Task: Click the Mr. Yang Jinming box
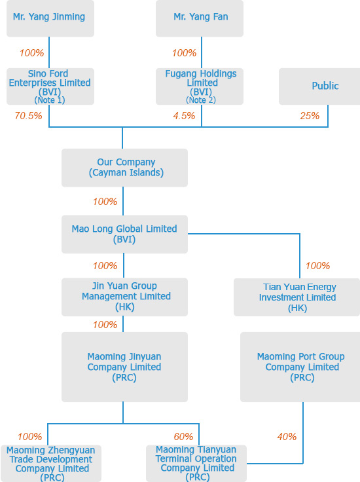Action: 50,18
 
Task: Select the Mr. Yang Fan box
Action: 200,18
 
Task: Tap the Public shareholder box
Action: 319,86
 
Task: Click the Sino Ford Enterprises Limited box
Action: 50,86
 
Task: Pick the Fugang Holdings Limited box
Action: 200,86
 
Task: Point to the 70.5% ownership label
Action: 28,116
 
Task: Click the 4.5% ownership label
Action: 184,116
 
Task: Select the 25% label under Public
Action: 310,116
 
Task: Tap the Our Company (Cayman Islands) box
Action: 125,168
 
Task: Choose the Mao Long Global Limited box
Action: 125,234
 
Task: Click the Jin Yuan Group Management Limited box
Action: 125,297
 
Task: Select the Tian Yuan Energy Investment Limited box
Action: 297,297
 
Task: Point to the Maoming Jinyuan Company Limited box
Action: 125,367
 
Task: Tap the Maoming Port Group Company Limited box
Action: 300,367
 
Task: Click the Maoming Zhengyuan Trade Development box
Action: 51,464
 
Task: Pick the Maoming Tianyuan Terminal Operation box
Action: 196,464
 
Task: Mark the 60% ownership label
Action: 183,437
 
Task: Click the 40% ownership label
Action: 287,437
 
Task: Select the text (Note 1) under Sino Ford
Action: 50,100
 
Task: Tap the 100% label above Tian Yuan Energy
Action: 317,266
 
